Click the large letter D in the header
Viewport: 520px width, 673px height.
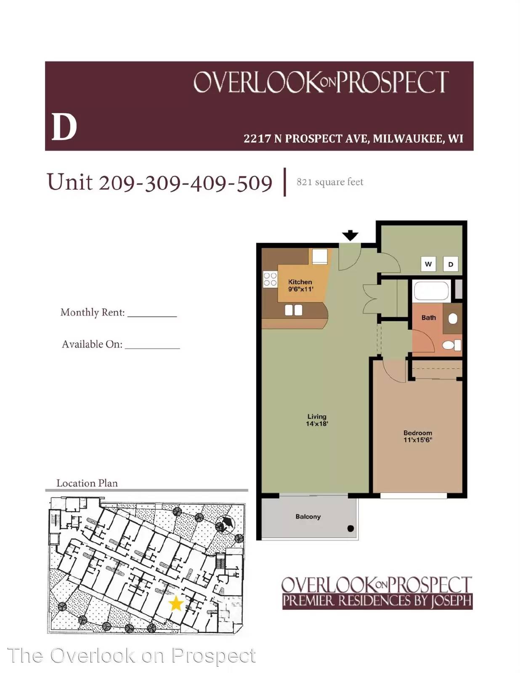point(64,127)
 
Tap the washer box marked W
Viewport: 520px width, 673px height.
point(428,264)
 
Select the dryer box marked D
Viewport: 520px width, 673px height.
point(451,264)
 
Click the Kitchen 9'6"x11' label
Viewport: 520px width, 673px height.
point(300,286)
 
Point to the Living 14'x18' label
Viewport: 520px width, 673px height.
point(317,420)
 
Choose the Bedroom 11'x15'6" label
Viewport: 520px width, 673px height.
point(418,436)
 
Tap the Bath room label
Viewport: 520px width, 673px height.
point(429,318)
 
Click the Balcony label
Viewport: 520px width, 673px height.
point(308,517)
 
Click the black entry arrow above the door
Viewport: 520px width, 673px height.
point(350,236)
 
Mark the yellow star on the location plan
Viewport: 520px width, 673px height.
point(176,604)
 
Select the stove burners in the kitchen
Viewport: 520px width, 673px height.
point(270,279)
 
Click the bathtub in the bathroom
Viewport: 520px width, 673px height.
point(432,291)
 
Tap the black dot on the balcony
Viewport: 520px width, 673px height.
point(350,529)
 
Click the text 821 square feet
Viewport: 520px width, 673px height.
point(330,182)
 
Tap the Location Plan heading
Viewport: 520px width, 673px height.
point(87,483)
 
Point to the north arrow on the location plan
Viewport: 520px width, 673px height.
point(225,524)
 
